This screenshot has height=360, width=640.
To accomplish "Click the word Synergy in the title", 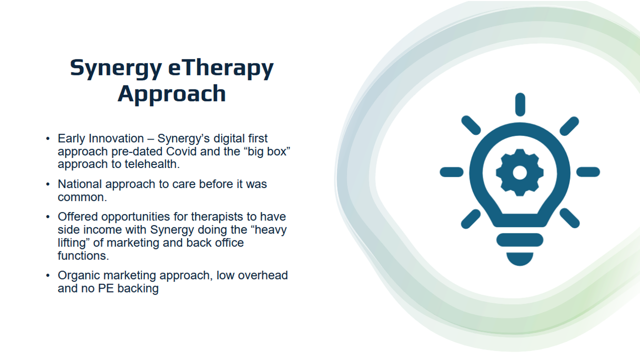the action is [x=116, y=69].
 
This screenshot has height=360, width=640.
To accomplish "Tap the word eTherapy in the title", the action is [x=221, y=68].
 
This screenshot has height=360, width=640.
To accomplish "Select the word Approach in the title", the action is [x=171, y=93].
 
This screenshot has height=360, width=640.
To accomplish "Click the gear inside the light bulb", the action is [x=519, y=172].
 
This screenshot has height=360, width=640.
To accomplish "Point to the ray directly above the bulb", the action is [x=520, y=104].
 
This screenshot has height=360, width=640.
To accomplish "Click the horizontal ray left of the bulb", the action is [x=451, y=172].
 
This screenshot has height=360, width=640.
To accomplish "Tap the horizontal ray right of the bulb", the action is [x=588, y=172].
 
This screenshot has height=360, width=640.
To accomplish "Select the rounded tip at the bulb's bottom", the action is [x=519, y=259].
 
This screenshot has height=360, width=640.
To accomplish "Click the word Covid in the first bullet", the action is [x=181, y=151].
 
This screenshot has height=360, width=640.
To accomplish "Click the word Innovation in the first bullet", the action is [x=116, y=138].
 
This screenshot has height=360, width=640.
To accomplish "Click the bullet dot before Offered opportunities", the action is [x=47, y=217].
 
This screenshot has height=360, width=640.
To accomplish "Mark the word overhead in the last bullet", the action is [x=263, y=275].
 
